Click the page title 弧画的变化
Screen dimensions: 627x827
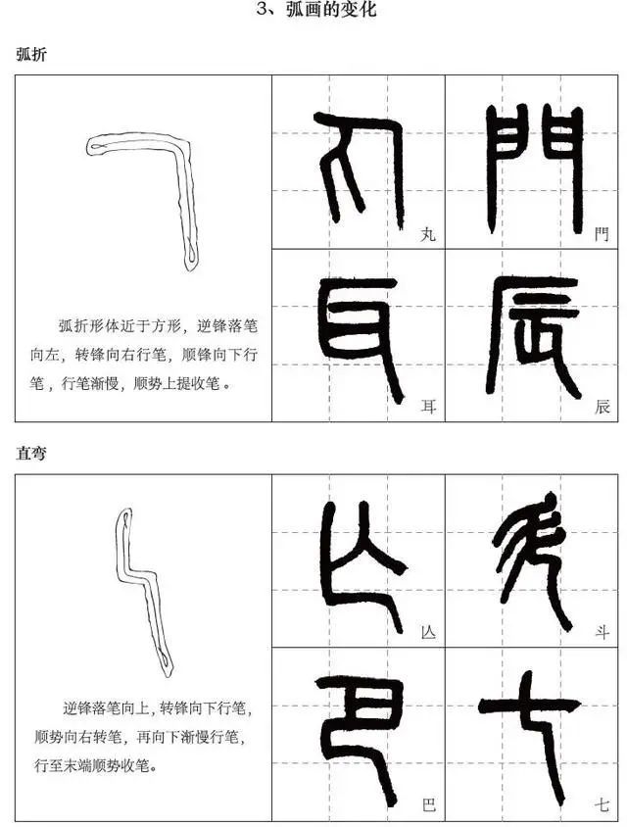click(x=331, y=10)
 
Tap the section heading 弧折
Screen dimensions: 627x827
click(x=31, y=54)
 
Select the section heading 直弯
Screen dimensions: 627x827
click(x=31, y=453)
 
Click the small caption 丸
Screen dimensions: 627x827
click(x=428, y=233)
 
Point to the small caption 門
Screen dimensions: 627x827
click(x=602, y=233)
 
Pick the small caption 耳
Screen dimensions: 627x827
click(x=428, y=407)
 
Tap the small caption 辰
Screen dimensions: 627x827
click(x=602, y=407)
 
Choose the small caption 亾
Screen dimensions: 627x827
click(x=428, y=632)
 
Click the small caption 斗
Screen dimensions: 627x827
click(x=602, y=632)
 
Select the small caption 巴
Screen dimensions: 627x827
click(x=428, y=804)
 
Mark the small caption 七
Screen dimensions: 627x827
click(x=602, y=804)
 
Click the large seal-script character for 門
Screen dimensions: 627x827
click(x=533, y=169)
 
